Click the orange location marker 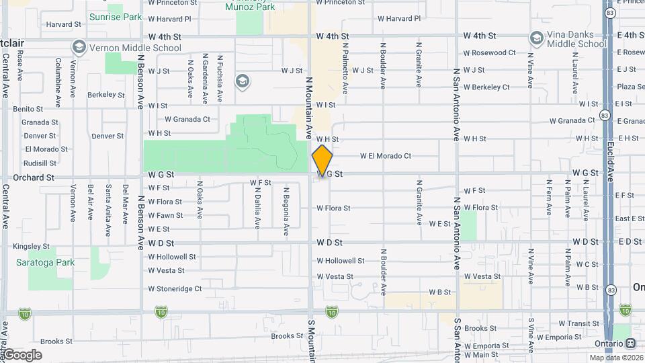322,160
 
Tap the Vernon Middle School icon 79,47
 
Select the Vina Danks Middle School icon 536,38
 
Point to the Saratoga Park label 47,262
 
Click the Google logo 22,355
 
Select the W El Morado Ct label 385,156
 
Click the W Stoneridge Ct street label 175,289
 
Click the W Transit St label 578,323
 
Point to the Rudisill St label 40,163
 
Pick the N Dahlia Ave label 257,208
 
